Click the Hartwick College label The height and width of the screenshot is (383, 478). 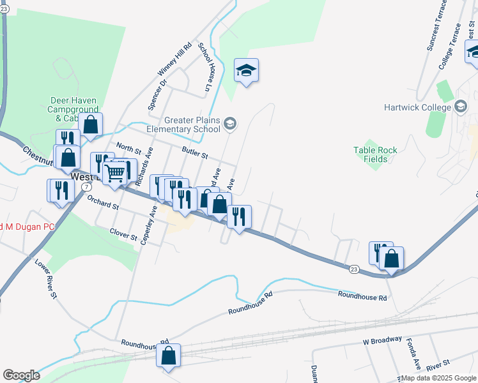417,107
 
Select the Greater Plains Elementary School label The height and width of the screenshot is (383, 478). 192,124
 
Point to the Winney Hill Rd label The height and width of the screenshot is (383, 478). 174,63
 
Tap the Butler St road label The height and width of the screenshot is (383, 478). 195,154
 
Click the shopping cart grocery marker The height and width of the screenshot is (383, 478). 115,172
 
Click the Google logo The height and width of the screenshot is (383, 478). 21,375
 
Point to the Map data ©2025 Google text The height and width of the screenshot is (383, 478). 437,378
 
